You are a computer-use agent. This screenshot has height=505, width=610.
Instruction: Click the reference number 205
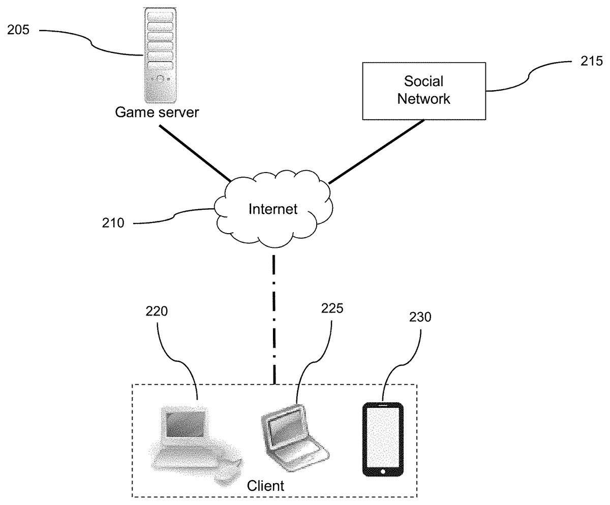pos(18,30)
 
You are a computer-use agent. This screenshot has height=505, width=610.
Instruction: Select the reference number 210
pos(113,222)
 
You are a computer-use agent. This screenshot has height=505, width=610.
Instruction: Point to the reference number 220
pos(157,311)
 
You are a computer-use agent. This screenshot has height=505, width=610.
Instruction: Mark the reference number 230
pos(420,317)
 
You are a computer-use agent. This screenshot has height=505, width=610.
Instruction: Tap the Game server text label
pos(157,112)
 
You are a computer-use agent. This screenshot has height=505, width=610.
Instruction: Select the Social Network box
pos(423,91)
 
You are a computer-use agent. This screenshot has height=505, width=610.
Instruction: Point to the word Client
pos(265,485)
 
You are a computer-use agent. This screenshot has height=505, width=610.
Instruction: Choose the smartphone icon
pos(383,439)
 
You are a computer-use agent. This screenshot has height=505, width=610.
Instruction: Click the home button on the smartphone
pos(383,471)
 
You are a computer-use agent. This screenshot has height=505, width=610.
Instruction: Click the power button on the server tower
pos(160,79)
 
